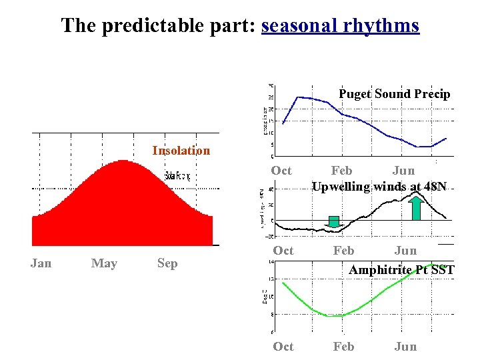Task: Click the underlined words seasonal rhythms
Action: click(x=340, y=26)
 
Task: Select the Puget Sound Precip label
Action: click(x=394, y=94)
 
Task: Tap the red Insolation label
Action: click(x=181, y=151)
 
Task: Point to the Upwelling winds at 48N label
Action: click(x=379, y=187)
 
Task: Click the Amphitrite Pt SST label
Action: click(x=401, y=270)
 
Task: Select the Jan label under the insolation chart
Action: click(x=41, y=263)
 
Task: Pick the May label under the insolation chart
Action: click(x=104, y=263)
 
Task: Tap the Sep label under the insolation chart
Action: click(x=167, y=263)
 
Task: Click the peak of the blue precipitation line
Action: click(x=297, y=97)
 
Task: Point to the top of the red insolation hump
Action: click(x=121, y=161)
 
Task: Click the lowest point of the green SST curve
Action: click(x=331, y=316)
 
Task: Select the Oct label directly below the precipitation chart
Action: click(x=281, y=171)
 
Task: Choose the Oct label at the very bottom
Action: click(x=283, y=347)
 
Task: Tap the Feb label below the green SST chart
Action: click(x=343, y=347)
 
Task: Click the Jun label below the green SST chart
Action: click(x=405, y=347)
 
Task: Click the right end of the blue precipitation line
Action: click(x=446, y=139)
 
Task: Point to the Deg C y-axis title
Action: click(x=265, y=297)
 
